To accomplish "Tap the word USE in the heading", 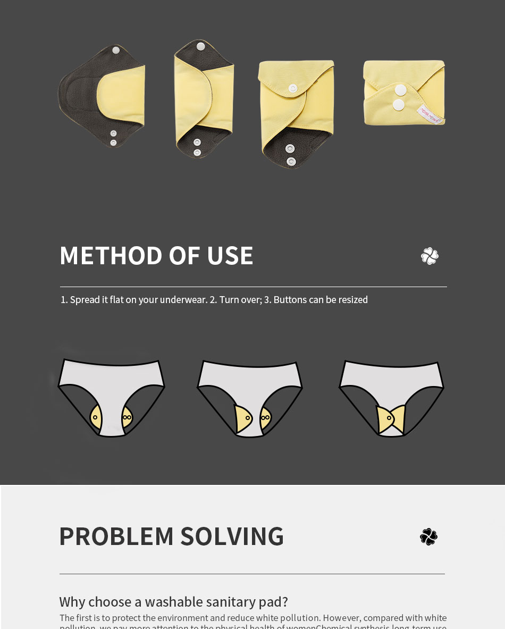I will pyautogui.click(x=230, y=256).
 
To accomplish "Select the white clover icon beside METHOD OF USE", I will pyautogui.click(x=430, y=256).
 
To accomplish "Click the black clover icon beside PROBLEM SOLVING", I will pyautogui.click(x=428, y=536).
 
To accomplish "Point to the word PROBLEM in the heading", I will pyautogui.click(x=116, y=536).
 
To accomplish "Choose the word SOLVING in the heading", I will pyautogui.click(x=232, y=536).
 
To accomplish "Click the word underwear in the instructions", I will pyautogui.click(x=183, y=300).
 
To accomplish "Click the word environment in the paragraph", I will pyautogui.click(x=179, y=618).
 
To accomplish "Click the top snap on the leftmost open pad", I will pyautogui.click(x=116, y=51).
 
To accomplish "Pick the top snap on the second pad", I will pyautogui.click(x=200, y=47).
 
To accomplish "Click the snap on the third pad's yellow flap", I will pyautogui.click(x=292, y=88).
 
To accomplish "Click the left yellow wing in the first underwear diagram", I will pyautogui.click(x=96, y=417).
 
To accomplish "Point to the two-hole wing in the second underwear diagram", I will pyautogui.click(x=265, y=418).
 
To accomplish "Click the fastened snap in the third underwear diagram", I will pyautogui.click(x=389, y=418).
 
